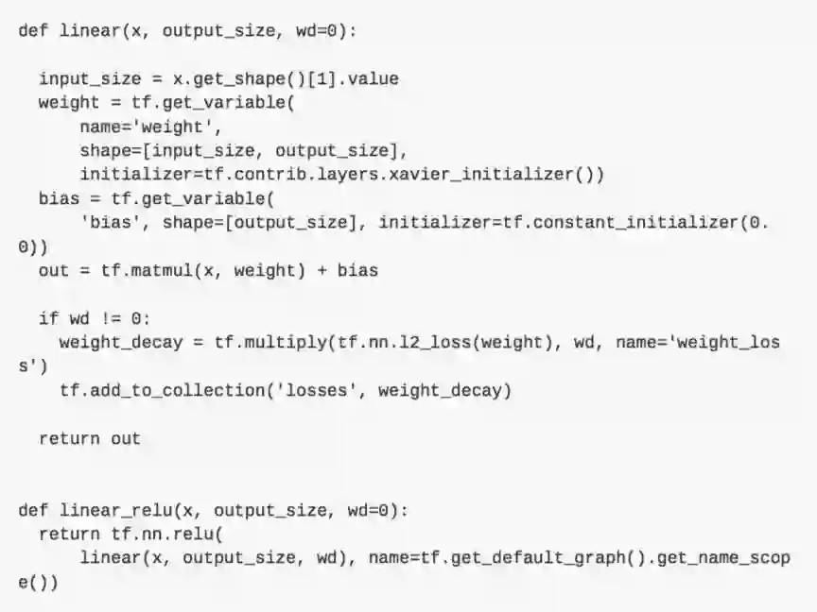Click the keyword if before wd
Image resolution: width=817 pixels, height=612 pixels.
pyautogui.click(x=48, y=319)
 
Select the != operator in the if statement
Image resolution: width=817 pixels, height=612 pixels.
pyautogui.click(x=111, y=319)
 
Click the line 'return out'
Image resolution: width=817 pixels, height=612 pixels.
pyautogui.click(x=90, y=438)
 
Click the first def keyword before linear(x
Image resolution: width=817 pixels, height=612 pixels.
pyautogui.click(x=33, y=30)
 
